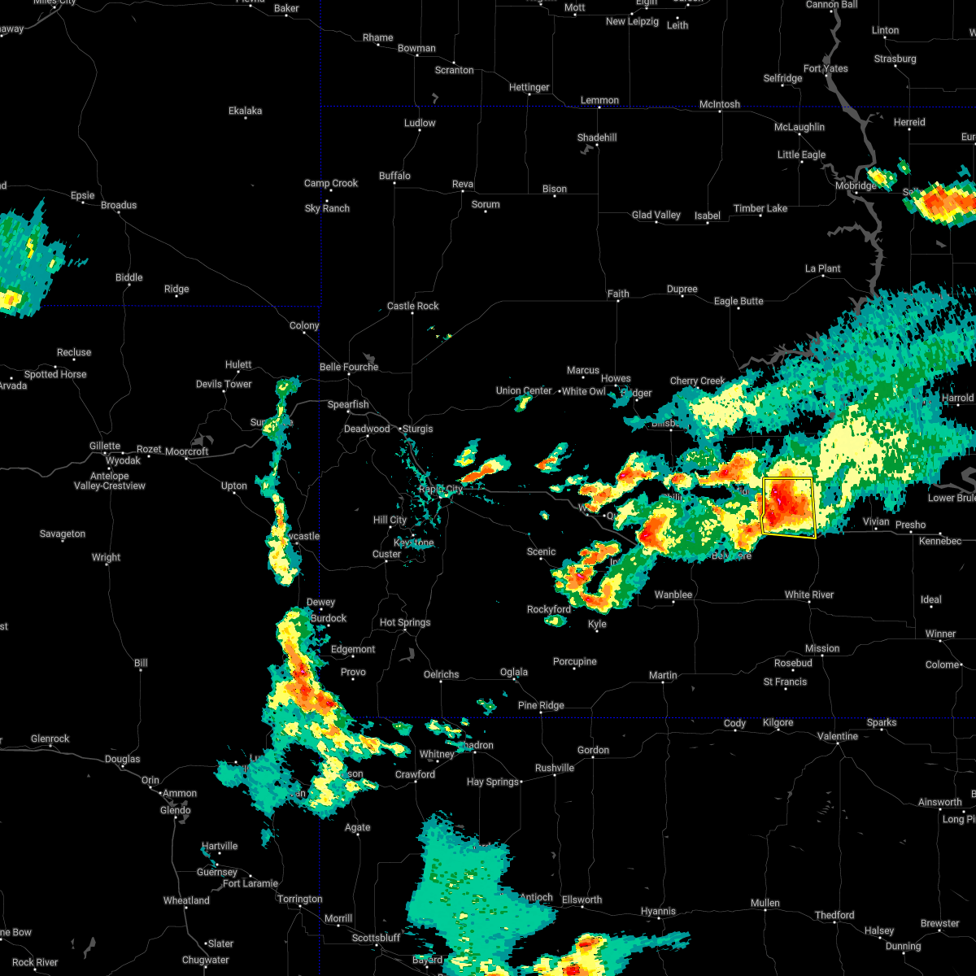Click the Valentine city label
click(x=837, y=736)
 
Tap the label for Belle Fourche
click(x=348, y=367)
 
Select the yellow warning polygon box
click(x=788, y=508)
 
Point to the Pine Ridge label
click(x=541, y=705)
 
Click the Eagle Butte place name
click(x=739, y=301)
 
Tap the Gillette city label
click(x=104, y=446)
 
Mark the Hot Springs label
click(x=405, y=622)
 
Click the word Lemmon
click(x=599, y=100)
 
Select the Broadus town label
click(x=119, y=205)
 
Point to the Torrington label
click(x=299, y=899)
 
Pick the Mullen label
click(x=765, y=903)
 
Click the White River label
click(x=808, y=595)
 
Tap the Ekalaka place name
click(x=245, y=111)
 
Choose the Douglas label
click(x=122, y=759)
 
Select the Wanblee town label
click(x=673, y=595)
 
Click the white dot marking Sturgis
click(x=399, y=429)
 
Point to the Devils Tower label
click(x=224, y=384)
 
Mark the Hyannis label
click(x=657, y=911)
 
